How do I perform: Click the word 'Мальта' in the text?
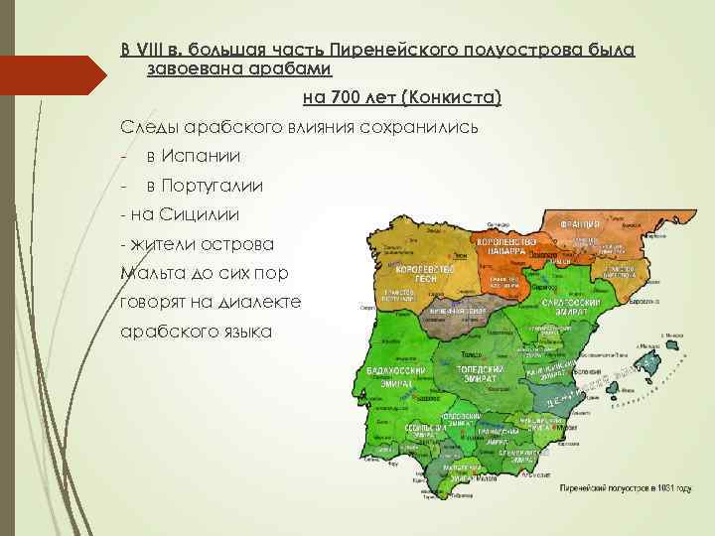[149, 272]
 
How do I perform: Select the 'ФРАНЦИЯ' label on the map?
[586, 224]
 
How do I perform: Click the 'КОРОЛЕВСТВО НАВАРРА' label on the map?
[504, 245]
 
